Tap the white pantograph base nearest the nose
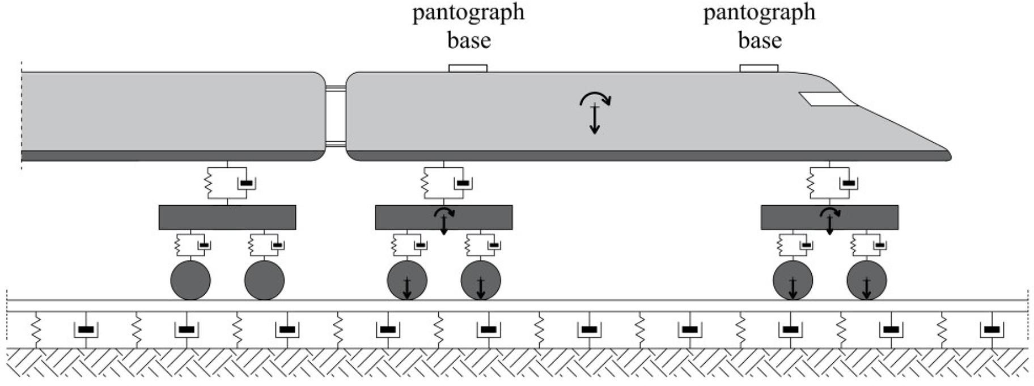pos(758,69)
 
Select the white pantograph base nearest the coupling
pos(468,69)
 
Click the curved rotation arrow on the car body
pos(595,99)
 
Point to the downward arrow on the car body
pos(594,120)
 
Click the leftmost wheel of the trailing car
pos(190,280)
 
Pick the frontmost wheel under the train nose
pos(866,280)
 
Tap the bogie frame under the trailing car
pos(227,218)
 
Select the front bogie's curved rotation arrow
pos(830,213)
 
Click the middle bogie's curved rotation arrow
pos(444,213)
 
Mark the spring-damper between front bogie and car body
pos(830,183)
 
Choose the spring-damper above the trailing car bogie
pos(227,183)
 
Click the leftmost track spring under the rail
pos(36,329)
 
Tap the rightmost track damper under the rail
pos(991,329)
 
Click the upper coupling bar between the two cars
pos(336,88)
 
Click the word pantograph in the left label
pos(468,12)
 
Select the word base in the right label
pos(760,40)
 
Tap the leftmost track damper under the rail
pos(86,329)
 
